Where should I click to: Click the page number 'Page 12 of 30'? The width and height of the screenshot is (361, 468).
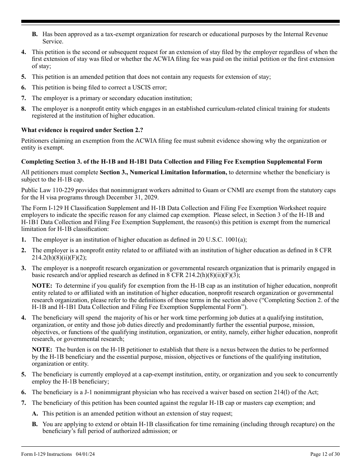point(325,454)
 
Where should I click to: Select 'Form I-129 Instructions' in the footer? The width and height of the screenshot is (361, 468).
point(46,454)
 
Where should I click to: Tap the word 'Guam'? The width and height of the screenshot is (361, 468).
point(248,190)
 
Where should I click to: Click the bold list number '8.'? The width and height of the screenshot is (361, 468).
point(24,109)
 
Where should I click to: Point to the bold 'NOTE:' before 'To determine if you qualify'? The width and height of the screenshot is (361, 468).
point(42,286)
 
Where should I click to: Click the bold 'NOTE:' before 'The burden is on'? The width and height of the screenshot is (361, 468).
point(42,350)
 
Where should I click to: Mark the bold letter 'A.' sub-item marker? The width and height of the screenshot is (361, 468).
point(35,414)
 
